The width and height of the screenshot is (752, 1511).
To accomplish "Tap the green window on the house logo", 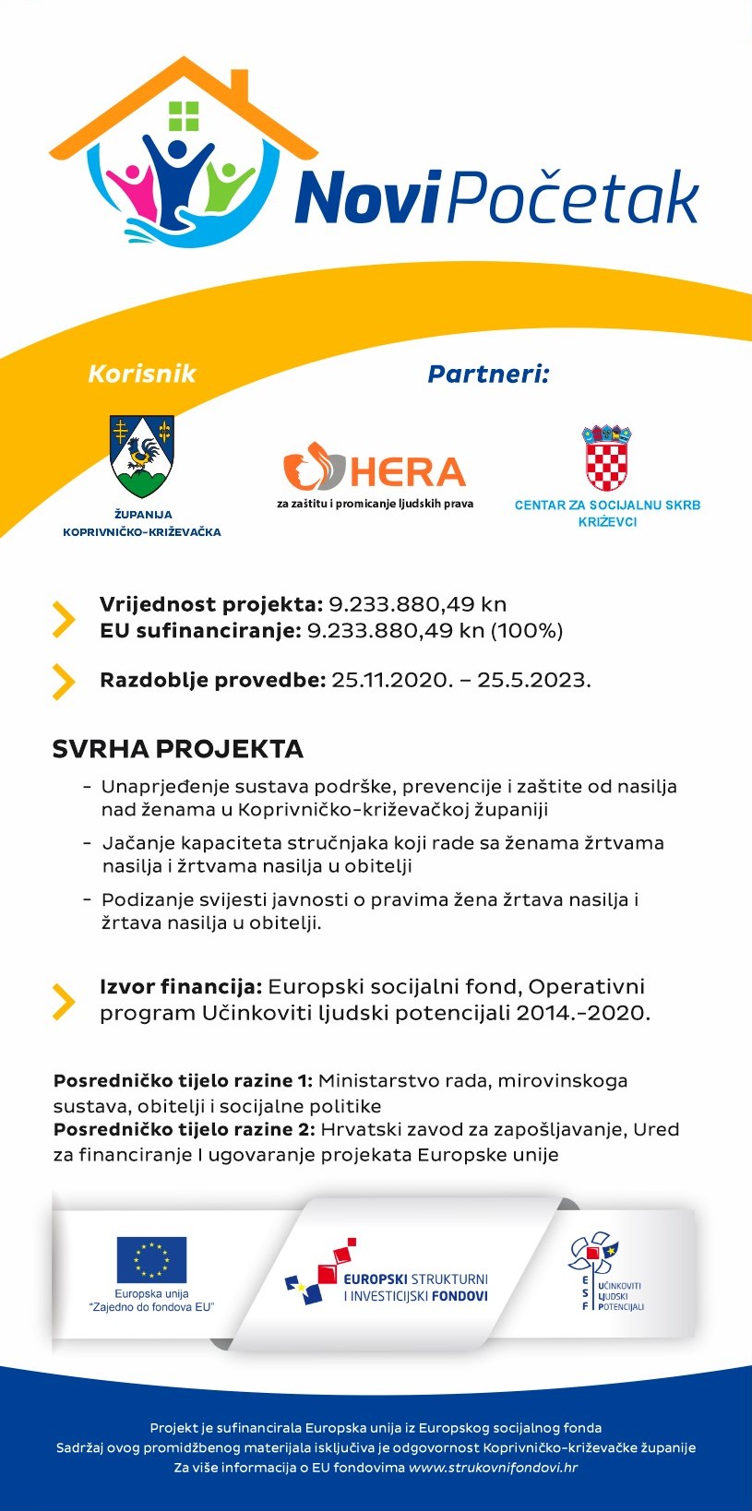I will point(184,116).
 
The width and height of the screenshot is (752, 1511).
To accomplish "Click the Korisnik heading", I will point(142,374).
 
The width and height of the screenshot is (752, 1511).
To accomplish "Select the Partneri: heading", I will point(488,375).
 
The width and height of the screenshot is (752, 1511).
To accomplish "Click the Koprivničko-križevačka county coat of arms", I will point(142,456).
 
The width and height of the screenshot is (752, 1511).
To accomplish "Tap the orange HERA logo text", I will point(408,472).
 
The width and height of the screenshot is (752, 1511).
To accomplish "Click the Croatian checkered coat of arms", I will point(606,458).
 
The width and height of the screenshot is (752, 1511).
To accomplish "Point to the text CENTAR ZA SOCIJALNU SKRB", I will point(607,506).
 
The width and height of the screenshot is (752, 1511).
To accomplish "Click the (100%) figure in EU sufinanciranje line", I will point(526,631).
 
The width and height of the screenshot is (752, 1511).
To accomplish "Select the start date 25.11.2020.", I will point(392,681).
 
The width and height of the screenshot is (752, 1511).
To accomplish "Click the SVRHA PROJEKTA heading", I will point(178,749).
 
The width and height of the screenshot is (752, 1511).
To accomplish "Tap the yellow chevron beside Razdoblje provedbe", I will point(64,682).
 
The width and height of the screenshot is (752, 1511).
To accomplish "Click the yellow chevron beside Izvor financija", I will point(64,1002).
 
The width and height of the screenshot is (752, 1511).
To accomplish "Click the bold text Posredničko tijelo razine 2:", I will point(183,1130).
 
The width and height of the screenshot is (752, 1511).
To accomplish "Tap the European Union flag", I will point(151,1260).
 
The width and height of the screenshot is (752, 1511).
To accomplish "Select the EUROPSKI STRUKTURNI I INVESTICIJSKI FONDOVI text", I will point(415,1288).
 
